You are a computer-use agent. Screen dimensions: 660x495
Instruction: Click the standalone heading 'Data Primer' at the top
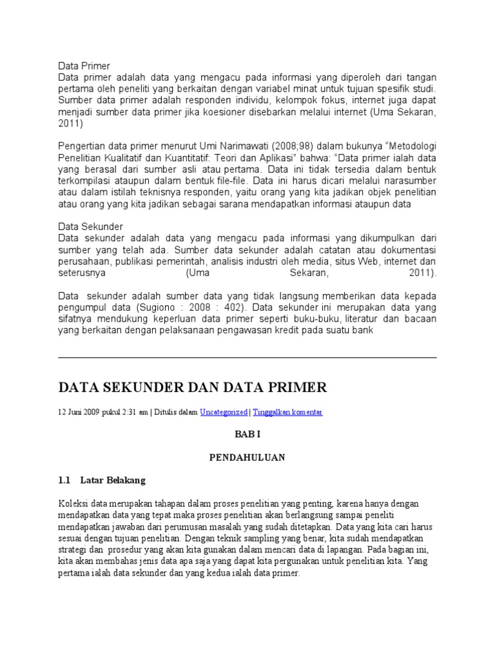click(x=84, y=66)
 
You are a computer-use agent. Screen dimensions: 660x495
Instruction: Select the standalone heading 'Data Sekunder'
click(x=90, y=226)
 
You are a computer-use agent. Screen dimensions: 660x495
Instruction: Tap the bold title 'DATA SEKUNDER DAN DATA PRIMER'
click(x=193, y=387)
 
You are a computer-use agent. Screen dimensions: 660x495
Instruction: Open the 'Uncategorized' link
click(x=223, y=412)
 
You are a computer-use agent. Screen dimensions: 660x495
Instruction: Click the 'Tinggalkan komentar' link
click(x=287, y=412)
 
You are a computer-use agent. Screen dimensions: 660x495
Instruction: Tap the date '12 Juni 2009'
click(x=79, y=412)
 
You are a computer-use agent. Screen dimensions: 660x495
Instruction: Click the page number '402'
click(x=229, y=307)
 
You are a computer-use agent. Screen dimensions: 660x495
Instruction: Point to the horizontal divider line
click(x=247, y=357)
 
